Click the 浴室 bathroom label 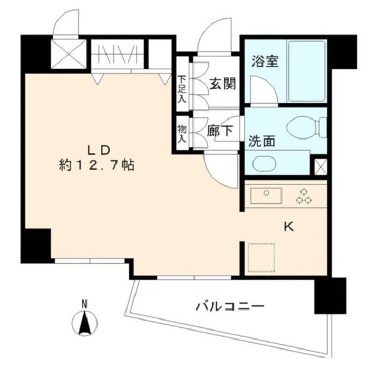[265, 61]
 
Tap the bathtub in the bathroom [307, 71]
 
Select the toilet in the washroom [307, 127]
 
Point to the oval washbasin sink [264, 164]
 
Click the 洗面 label [262, 141]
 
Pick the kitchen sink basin [266, 196]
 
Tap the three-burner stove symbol [304, 196]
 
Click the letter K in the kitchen [288, 226]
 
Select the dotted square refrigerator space [261, 257]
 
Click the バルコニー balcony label [230, 306]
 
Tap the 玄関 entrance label [223, 84]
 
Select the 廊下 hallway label [220, 130]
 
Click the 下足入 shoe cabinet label [183, 89]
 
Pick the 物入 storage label [182, 134]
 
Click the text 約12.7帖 [96, 165]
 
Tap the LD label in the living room [99, 150]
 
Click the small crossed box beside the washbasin [320, 167]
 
